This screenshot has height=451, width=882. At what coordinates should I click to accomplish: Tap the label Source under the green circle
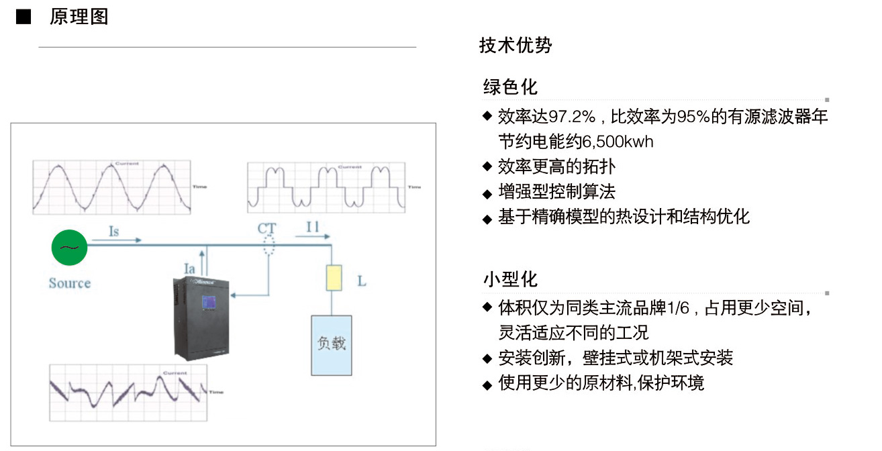(69, 283)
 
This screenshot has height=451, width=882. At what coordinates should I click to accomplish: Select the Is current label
(114, 232)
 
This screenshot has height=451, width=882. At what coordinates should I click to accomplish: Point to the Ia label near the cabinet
(190, 269)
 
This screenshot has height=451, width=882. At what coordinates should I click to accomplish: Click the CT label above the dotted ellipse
(267, 229)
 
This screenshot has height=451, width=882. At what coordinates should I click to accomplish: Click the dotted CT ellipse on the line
(268, 246)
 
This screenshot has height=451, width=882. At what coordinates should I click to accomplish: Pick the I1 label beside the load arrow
(313, 228)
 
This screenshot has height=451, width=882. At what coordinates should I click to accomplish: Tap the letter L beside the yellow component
(362, 281)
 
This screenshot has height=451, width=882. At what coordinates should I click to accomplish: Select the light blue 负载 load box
(332, 344)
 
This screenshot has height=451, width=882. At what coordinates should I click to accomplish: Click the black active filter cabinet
(202, 315)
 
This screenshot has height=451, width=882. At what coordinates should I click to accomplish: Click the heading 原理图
(79, 17)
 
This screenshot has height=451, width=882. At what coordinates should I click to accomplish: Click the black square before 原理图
(23, 17)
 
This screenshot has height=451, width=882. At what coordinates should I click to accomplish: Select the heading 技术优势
(516, 46)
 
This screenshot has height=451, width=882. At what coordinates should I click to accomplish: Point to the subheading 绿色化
(510, 87)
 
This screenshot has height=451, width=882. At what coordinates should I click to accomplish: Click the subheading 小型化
(510, 279)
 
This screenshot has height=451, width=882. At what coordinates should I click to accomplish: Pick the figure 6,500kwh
(615, 142)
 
